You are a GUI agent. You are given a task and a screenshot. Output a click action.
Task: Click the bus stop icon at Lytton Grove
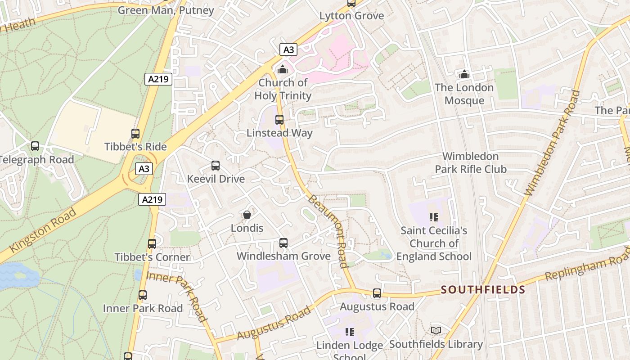pyautogui.click(x=351, y=4)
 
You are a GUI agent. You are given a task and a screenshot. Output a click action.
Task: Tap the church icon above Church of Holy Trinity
pyautogui.click(x=283, y=69)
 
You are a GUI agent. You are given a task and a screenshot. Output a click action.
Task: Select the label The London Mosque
pyautogui.click(x=464, y=94)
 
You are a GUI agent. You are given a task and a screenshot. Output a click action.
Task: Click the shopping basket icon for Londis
pyautogui.click(x=247, y=215)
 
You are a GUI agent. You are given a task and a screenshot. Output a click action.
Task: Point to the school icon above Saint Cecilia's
pyautogui.click(x=434, y=217)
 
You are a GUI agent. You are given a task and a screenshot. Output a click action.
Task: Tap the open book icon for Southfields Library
pyautogui.click(x=436, y=331)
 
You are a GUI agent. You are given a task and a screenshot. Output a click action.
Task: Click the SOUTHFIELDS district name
pyautogui.click(x=483, y=289)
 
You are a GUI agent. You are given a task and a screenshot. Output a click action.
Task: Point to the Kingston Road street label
pyautogui.click(x=43, y=230)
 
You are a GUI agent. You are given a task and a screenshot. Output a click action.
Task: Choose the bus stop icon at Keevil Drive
pyautogui.click(x=216, y=166)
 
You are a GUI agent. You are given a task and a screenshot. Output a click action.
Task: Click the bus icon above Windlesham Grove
pyautogui.click(x=283, y=243)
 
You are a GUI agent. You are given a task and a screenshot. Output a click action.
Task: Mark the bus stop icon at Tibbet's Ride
pyautogui.click(x=135, y=134)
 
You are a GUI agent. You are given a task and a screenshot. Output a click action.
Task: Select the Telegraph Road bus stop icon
pyautogui.click(x=35, y=146)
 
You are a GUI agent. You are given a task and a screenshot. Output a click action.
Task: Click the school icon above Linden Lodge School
pyautogui.click(x=349, y=333)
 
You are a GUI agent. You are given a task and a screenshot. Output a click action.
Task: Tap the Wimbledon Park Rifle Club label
pyautogui.click(x=470, y=162)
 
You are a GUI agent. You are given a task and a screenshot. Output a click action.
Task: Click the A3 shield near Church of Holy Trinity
pyautogui.click(x=288, y=49)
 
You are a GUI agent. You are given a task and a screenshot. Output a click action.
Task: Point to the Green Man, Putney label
pyautogui.click(x=166, y=10)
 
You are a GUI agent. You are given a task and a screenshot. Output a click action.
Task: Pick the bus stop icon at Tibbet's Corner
pyautogui.click(x=152, y=244)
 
